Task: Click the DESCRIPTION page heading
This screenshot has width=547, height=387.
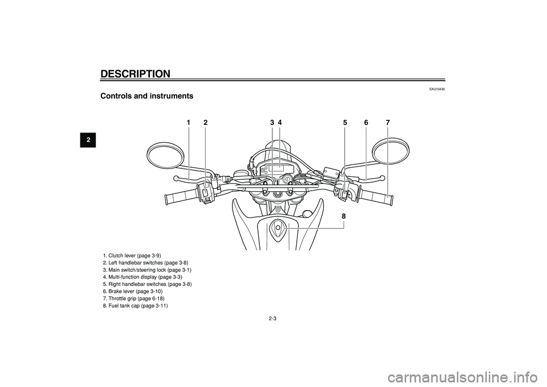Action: [136, 74]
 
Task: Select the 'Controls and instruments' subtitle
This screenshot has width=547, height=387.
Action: [146, 96]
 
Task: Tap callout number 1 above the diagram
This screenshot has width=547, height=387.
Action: [189, 123]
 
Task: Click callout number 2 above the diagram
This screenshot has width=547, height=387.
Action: [206, 123]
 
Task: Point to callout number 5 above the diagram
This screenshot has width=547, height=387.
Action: [345, 123]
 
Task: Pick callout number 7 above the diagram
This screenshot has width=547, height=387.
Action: [388, 123]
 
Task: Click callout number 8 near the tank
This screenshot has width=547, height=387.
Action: [344, 216]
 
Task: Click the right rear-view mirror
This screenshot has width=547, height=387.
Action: [391, 151]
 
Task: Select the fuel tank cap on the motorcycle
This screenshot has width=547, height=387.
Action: [278, 228]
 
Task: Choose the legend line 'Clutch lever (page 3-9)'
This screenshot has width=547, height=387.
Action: [132, 256]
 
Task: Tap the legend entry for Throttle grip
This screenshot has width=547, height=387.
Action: [133, 299]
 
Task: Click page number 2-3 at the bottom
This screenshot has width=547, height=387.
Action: [273, 319]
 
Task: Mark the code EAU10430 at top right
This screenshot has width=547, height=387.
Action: [438, 89]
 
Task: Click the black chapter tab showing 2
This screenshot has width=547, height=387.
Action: [88, 140]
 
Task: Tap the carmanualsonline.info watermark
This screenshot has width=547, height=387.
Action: [468, 377]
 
